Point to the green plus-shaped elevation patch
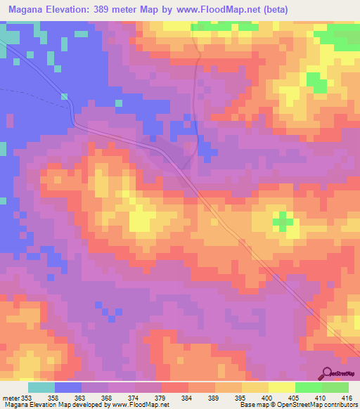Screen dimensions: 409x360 point(283,221)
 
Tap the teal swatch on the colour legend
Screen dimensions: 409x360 point(41,387)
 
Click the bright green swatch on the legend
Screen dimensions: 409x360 point(335,387)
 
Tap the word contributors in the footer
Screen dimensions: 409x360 point(337,404)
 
